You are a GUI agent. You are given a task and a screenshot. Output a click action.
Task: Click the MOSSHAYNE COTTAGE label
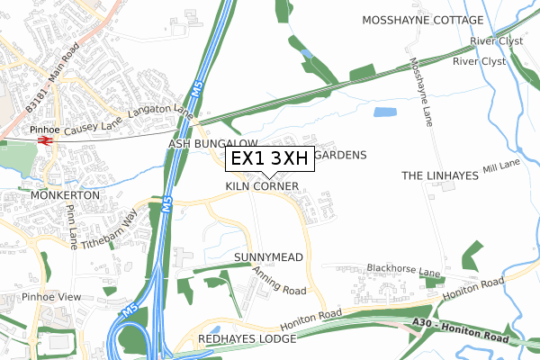click(421, 19)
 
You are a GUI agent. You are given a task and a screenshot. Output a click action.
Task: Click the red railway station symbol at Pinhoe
click(43, 141)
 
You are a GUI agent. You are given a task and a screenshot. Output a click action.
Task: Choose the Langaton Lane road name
click(162, 114)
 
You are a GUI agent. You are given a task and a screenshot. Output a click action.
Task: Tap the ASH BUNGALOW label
click(212, 144)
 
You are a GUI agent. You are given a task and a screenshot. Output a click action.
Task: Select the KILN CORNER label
click(262, 186)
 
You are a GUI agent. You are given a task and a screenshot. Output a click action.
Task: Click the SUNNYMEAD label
click(268, 257)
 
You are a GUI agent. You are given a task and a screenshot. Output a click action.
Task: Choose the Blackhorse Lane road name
click(403, 270)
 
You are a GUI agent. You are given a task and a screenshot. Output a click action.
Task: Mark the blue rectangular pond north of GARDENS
click(385, 113)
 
